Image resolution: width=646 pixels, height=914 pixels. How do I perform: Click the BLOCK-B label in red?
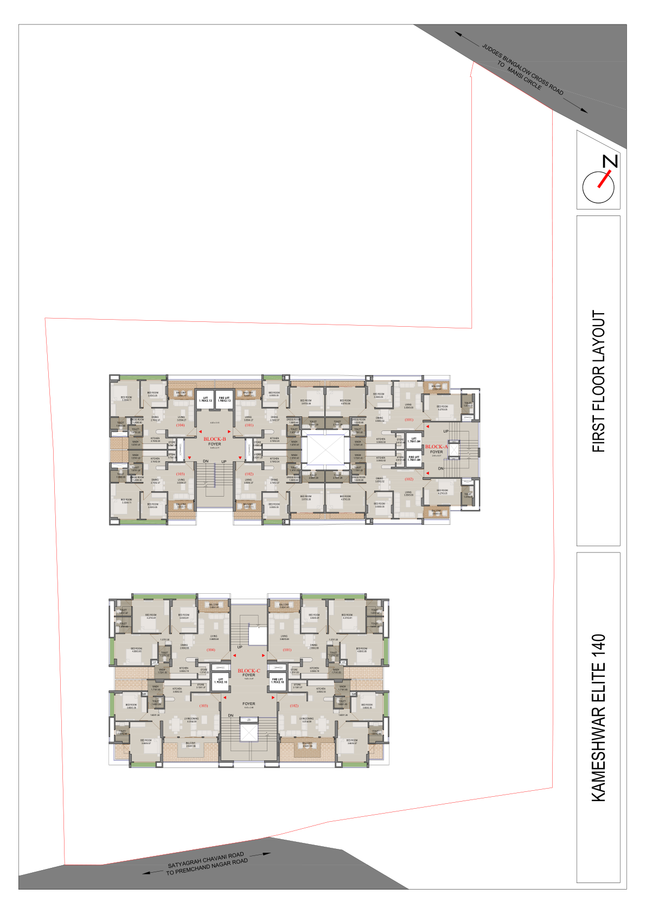click(x=215, y=439)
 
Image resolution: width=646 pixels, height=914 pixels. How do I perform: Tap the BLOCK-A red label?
click(x=437, y=447)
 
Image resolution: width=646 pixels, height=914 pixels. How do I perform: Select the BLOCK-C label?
click(x=249, y=671)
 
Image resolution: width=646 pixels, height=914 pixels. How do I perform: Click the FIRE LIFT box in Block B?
click(x=224, y=399)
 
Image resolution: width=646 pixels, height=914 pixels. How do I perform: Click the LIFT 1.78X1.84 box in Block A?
click(x=414, y=440)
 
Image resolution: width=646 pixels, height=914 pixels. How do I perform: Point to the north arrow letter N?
click(x=611, y=161)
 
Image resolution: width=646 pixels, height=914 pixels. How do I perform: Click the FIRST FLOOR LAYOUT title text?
click(x=598, y=381)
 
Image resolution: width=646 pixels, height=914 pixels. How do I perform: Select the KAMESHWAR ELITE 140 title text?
click(x=598, y=718)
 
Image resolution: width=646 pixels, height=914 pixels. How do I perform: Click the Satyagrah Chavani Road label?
click(x=206, y=863)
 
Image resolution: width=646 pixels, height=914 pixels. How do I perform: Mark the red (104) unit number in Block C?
click(x=211, y=650)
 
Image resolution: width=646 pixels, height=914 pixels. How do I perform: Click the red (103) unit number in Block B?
click(x=180, y=474)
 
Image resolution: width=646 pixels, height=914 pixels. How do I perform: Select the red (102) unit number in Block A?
click(x=409, y=479)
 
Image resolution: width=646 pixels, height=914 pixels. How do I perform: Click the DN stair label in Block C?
click(x=231, y=715)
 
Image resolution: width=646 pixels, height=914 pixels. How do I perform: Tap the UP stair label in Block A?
click(x=446, y=431)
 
